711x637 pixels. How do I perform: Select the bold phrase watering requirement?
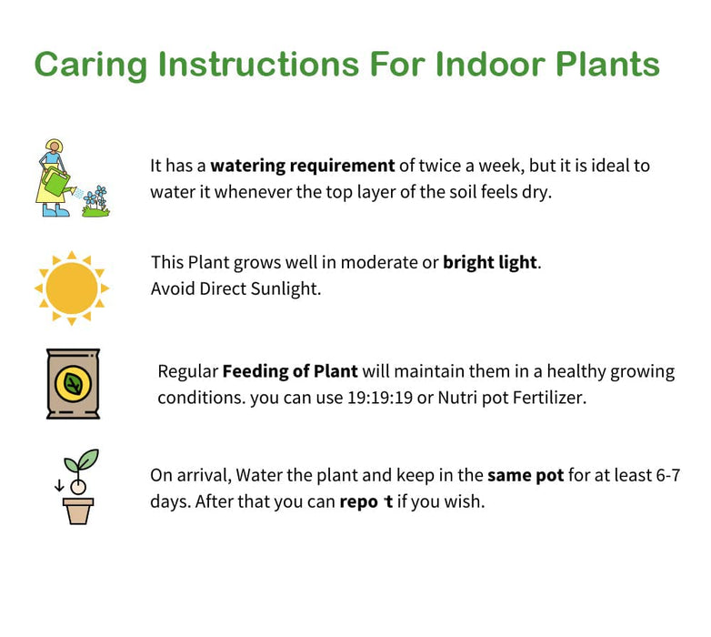tap(303, 167)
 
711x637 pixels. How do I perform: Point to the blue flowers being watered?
tap(95, 195)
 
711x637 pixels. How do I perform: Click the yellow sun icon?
tap(72, 288)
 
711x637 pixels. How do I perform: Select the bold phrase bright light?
tap(490, 263)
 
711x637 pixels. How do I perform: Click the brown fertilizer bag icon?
tap(73, 383)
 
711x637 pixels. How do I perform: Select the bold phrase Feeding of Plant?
tap(290, 371)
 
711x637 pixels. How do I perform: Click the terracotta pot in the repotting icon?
tap(78, 511)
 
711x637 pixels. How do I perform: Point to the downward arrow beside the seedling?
tap(59, 485)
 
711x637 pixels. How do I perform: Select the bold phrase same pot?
tap(526, 476)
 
